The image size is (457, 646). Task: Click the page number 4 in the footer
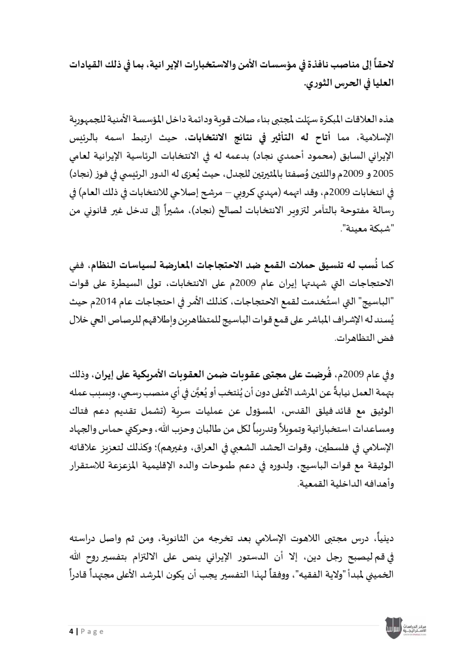71,632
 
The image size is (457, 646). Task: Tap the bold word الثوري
319,85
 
